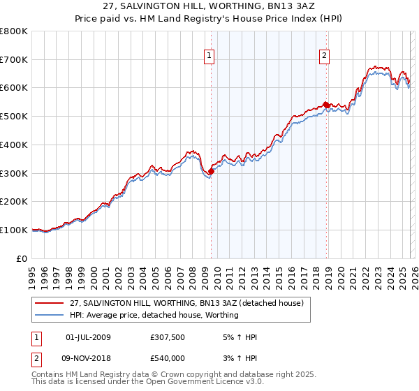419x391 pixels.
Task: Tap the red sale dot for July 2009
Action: pyautogui.click(x=211, y=172)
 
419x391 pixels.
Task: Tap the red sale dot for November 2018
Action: pyautogui.click(x=326, y=105)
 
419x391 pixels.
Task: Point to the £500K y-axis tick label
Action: pyautogui.click(x=14, y=116)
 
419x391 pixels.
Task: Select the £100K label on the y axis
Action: pyautogui.click(x=14, y=230)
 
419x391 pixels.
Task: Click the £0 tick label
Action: pyautogui.click(x=22, y=258)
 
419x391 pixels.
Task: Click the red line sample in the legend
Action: pyautogui.click(x=50, y=304)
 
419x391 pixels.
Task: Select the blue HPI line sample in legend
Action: pyautogui.click(x=50, y=316)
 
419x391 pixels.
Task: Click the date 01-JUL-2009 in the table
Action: pyautogui.click(x=88, y=337)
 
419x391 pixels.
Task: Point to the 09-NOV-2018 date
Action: pyautogui.click(x=88, y=358)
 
